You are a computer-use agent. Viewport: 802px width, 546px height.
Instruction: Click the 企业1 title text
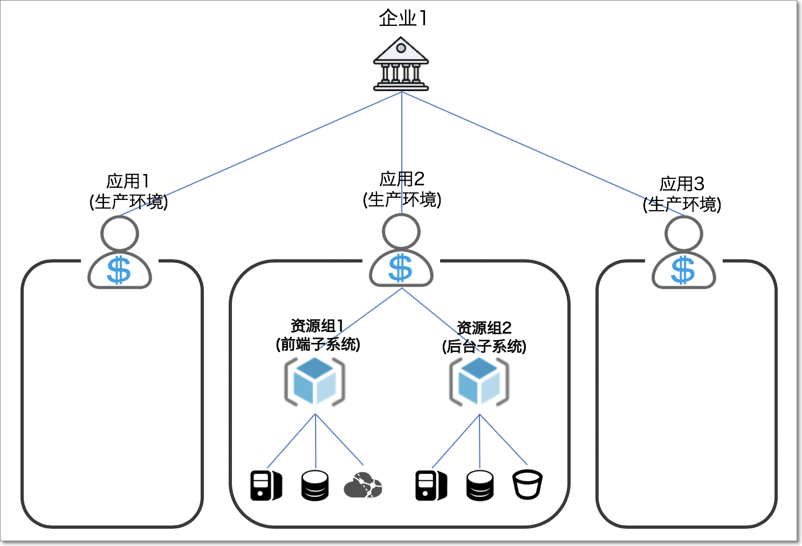[x=402, y=18]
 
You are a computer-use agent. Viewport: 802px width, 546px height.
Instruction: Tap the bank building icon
[x=401, y=65]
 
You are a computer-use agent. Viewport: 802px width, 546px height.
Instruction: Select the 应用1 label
[x=128, y=181]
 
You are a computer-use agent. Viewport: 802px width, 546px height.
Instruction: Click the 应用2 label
[x=402, y=179]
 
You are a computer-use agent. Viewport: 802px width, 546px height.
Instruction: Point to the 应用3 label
[x=682, y=184]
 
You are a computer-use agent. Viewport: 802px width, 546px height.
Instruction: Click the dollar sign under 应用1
[x=119, y=270]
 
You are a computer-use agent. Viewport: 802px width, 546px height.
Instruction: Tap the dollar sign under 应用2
[x=401, y=268]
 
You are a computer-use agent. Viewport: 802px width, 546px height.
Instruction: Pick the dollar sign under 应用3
[x=683, y=270]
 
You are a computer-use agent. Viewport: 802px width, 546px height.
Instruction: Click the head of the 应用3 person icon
[x=683, y=234]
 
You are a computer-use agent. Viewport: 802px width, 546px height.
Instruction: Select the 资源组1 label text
[x=317, y=326]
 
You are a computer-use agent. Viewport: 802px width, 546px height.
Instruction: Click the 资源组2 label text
[x=484, y=328]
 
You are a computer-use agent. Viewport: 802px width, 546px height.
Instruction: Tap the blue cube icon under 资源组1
[x=315, y=382]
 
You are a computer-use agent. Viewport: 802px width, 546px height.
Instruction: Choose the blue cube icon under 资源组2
[x=479, y=382]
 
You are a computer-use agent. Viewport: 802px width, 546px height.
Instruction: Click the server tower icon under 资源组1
[x=266, y=485]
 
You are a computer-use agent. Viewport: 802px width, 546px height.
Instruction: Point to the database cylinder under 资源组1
[x=315, y=485]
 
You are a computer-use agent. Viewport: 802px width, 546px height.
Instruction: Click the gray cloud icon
[x=362, y=485]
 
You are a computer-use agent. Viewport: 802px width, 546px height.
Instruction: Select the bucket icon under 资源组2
[x=527, y=485]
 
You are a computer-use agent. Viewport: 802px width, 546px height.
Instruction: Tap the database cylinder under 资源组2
[x=479, y=485]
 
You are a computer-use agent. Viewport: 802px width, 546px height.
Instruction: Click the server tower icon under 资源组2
[x=431, y=485]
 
